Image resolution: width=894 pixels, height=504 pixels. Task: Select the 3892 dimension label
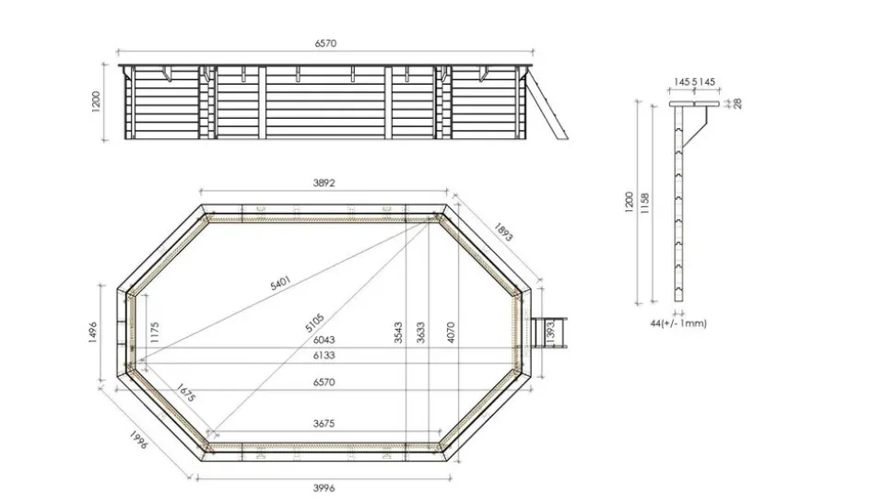click(323, 182)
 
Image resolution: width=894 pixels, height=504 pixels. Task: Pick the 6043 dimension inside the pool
click(323, 340)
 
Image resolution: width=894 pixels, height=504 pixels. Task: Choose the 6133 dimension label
click(323, 356)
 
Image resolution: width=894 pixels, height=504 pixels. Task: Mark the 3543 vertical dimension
click(398, 333)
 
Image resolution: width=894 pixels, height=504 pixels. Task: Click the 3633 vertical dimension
click(419, 333)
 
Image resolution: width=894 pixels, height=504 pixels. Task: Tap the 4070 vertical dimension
click(451, 333)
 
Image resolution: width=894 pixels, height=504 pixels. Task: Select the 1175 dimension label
click(155, 334)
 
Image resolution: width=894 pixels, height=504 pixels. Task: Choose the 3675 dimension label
click(323, 424)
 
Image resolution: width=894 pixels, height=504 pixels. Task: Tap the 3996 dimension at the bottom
click(323, 487)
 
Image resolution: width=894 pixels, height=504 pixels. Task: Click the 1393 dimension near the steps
click(550, 345)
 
